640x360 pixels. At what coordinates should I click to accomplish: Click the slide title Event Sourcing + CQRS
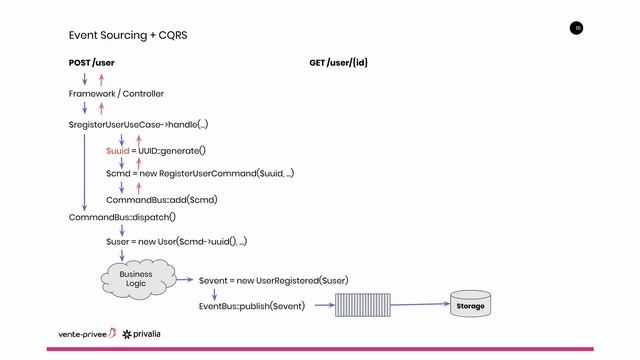tap(128, 35)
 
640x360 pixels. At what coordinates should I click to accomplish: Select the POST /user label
tap(91, 63)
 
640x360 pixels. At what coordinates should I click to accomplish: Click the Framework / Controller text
tap(116, 94)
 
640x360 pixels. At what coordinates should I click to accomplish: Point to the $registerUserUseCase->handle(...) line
tap(138, 125)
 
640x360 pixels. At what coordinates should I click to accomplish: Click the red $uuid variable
tap(117, 150)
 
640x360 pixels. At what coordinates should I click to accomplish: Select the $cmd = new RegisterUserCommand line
tap(200, 174)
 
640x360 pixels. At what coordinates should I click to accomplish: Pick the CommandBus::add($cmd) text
tap(162, 199)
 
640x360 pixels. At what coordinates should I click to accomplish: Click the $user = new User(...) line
tap(176, 241)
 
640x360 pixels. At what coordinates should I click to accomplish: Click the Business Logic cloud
tap(136, 279)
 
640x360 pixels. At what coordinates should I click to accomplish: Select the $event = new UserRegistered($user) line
tap(273, 281)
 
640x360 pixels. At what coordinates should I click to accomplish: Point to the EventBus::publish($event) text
tap(251, 305)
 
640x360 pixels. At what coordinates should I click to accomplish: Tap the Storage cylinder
tap(470, 305)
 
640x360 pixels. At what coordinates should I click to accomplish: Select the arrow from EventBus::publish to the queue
tap(321, 305)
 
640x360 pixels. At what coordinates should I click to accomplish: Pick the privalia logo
tap(148, 333)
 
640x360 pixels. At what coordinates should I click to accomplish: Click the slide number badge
tap(576, 28)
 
